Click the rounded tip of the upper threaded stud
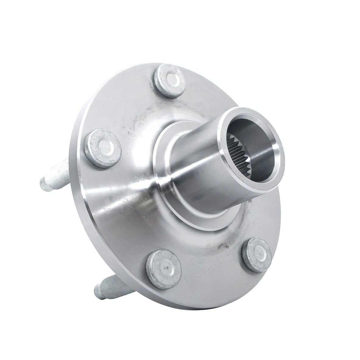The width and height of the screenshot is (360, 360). (43, 182)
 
